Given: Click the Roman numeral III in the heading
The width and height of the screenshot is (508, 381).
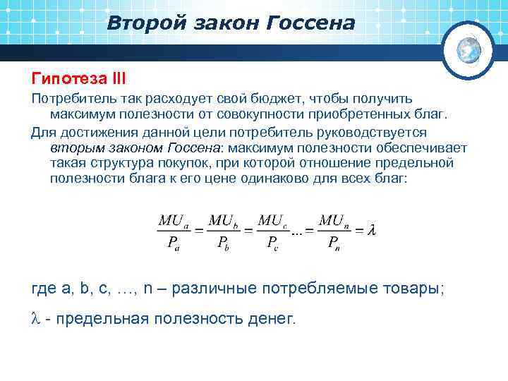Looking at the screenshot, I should point(116,75).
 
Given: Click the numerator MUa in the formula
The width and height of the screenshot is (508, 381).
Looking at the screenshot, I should point(172,220).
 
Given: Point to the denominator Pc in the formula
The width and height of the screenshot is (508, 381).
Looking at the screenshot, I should point(272,243).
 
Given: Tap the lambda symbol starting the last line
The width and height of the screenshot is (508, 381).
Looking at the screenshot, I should point(37,319).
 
